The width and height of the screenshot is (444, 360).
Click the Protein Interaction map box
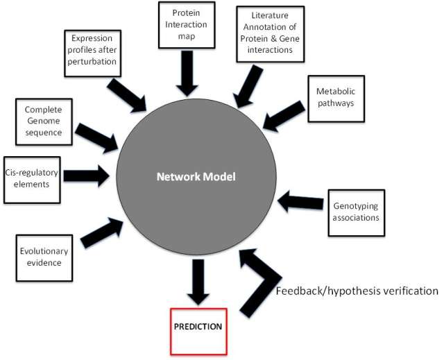pyautogui.click(x=185, y=25)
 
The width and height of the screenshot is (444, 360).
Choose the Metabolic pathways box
pyautogui.click(x=336, y=97)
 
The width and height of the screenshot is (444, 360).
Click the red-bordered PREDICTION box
pyautogui.click(x=198, y=326)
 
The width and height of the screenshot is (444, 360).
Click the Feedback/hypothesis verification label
pyautogui.click(x=357, y=291)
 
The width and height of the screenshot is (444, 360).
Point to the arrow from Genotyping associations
pyautogui.click(x=300, y=203)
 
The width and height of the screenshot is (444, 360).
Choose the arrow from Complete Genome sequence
pyautogui.click(x=96, y=138)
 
